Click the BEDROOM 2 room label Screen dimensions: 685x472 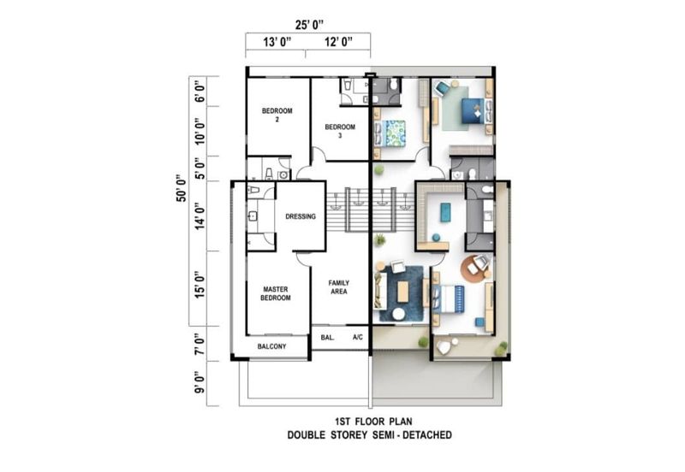tap(277, 115)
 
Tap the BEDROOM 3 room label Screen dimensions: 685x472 tap(340, 131)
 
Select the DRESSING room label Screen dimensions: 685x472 tap(301, 216)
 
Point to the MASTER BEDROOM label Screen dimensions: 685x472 tap(276, 293)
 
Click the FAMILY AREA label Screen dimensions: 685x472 tap(338, 287)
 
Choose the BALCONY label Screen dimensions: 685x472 tap(271, 346)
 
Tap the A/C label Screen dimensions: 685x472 tap(357, 337)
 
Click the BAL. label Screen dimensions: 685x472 tap(328, 337)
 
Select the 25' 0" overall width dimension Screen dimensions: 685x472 tap(309, 25)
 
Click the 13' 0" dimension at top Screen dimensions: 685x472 tap(277, 42)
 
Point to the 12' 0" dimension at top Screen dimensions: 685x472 tap(338, 42)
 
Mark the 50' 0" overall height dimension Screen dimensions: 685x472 tap(181, 188)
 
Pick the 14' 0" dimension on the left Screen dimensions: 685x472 tap(200, 216)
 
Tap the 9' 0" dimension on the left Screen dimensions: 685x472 tap(200, 382)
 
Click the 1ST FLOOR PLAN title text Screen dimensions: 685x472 tap(373, 422)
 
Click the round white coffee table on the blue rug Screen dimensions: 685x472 tap(398, 314)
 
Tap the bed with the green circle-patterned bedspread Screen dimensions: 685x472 tap(390, 133)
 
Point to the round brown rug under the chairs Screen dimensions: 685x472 tap(474, 268)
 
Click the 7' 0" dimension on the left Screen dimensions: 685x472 tap(200, 345)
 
